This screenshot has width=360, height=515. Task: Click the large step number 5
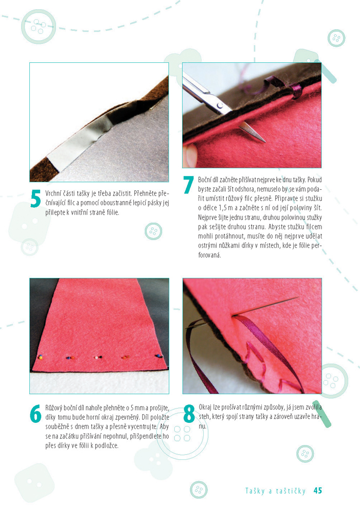coord(35,199)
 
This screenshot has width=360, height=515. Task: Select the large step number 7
coord(188,185)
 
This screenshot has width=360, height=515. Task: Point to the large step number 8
coord(189,414)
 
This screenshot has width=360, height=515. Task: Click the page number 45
coord(318,490)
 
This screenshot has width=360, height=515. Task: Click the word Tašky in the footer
coord(255,491)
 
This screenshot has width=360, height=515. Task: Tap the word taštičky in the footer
coord(291,491)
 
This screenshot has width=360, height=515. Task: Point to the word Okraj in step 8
coord(205,407)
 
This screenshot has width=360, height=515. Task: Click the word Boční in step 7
coord(205,180)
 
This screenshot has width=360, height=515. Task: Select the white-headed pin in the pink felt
coord(96,358)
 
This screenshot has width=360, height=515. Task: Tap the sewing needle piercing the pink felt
coord(266,307)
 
